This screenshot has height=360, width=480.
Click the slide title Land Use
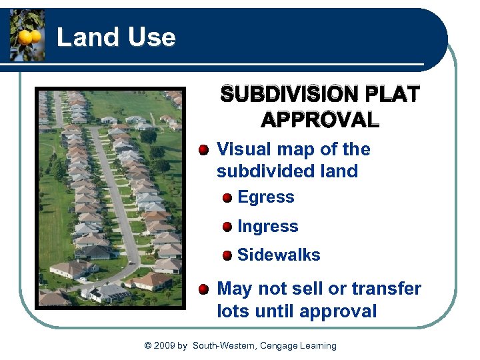(116, 37)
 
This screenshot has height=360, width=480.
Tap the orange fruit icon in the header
(27, 36)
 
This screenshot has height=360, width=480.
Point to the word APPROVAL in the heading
(320, 120)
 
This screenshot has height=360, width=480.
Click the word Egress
(265, 197)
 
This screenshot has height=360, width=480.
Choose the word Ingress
(267, 227)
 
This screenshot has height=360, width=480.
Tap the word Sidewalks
(279, 255)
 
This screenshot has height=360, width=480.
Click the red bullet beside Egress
(228, 198)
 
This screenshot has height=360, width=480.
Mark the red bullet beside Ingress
(228, 227)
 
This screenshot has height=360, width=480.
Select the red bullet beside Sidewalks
(228, 255)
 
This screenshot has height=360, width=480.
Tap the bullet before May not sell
(204, 289)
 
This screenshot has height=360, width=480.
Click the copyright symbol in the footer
(148, 345)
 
